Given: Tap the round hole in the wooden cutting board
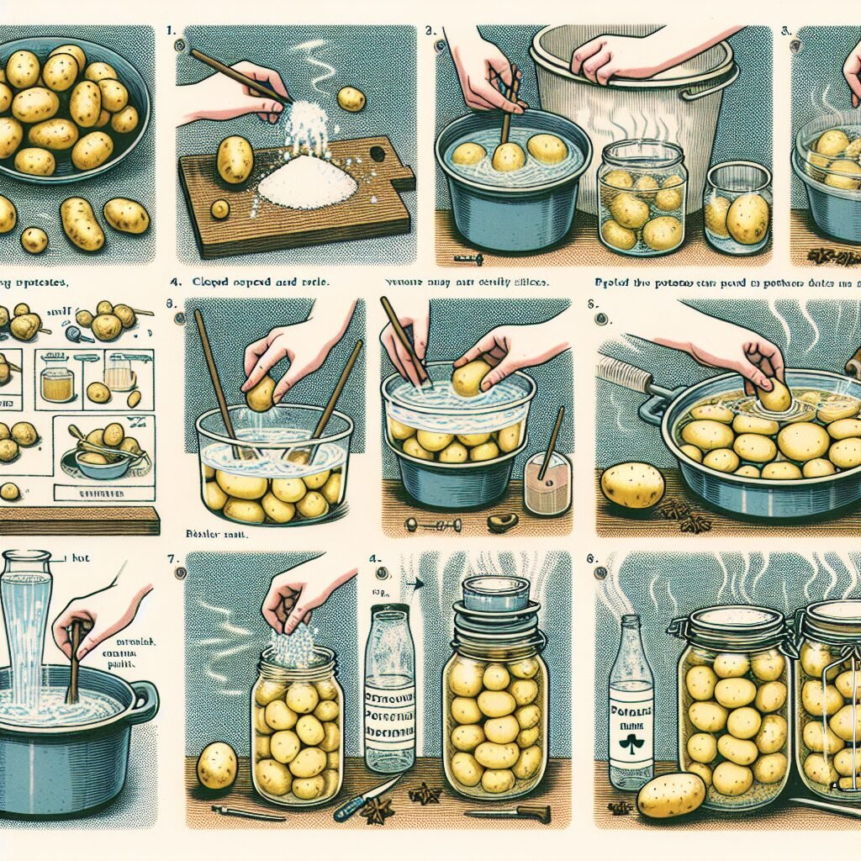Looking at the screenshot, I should click(377, 154).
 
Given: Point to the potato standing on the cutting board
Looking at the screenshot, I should click(235, 159).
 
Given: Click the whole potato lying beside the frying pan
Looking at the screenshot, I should click(632, 485).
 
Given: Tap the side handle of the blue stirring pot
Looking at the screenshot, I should click(144, 697).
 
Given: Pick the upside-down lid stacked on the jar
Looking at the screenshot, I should click(495, 593).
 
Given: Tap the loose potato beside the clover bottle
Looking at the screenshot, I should click(670, 795).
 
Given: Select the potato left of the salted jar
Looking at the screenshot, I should click(217, 765).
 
